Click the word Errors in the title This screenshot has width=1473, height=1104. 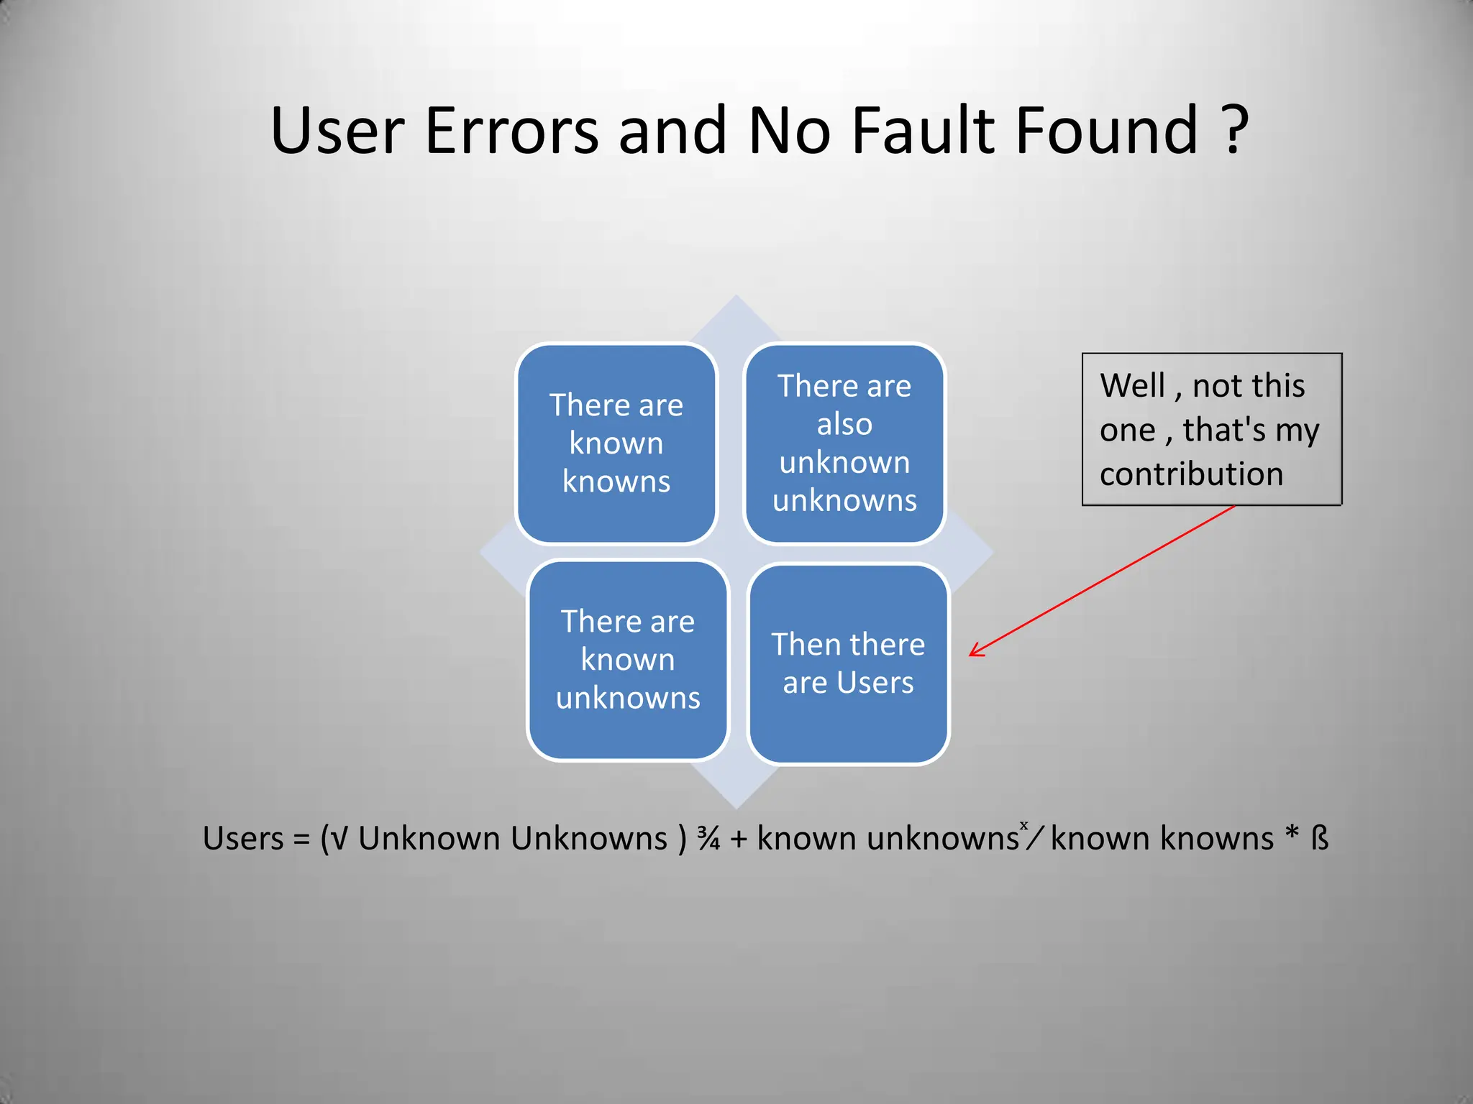511,131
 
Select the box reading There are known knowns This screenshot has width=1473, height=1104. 616,443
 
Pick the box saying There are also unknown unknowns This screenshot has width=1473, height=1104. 844,443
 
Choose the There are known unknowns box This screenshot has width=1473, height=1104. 628,660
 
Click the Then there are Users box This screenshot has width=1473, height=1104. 849,663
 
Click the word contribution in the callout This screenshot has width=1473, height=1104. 1191,474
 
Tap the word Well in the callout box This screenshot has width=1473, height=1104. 1132,386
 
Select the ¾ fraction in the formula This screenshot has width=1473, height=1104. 708,839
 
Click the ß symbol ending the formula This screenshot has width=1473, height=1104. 1320,839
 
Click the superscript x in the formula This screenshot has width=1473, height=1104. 1024,825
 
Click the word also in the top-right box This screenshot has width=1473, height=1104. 844,424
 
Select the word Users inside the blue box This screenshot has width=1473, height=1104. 875,683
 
